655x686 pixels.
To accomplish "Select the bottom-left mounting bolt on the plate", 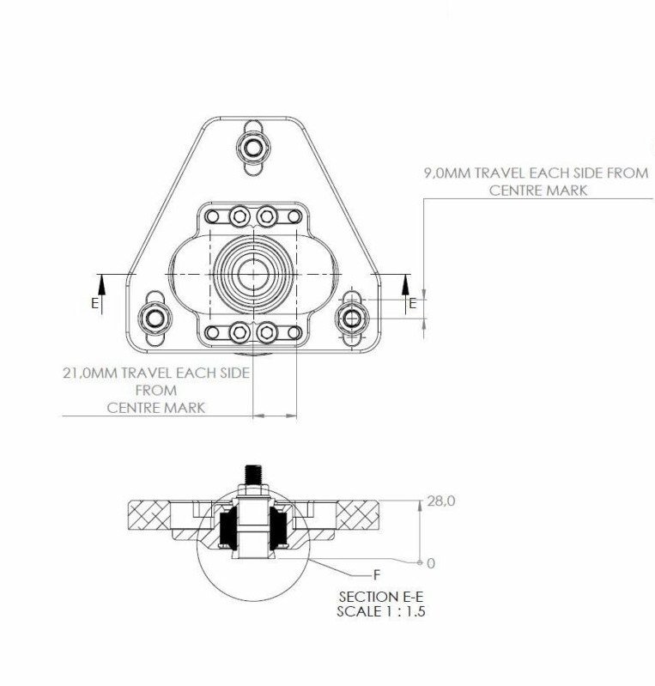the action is tap(155, 318).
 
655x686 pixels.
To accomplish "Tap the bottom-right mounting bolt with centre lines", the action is tap(352, 319).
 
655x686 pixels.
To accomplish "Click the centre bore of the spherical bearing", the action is tap(254, 274).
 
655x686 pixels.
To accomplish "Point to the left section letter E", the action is tap(95, 303).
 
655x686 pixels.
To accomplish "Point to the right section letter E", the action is tap(413, 303).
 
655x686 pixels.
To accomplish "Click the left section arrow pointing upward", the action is tap(101, 294).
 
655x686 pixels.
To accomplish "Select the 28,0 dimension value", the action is tap(441, 501).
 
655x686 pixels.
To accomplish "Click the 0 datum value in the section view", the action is tap(431, 563).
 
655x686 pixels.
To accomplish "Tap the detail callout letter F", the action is tap(377, 575).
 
